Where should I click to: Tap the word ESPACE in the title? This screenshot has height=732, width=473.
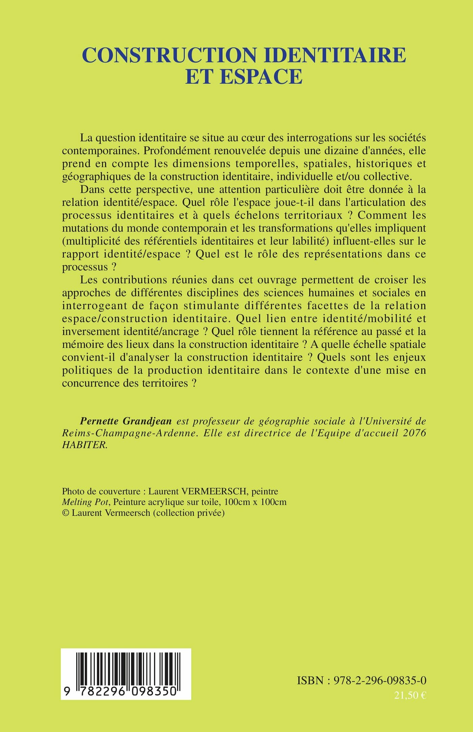[261, 76]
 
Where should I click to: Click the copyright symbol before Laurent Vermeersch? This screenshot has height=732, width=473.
[65, 513]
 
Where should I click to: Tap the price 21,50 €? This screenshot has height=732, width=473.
[409, 695]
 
